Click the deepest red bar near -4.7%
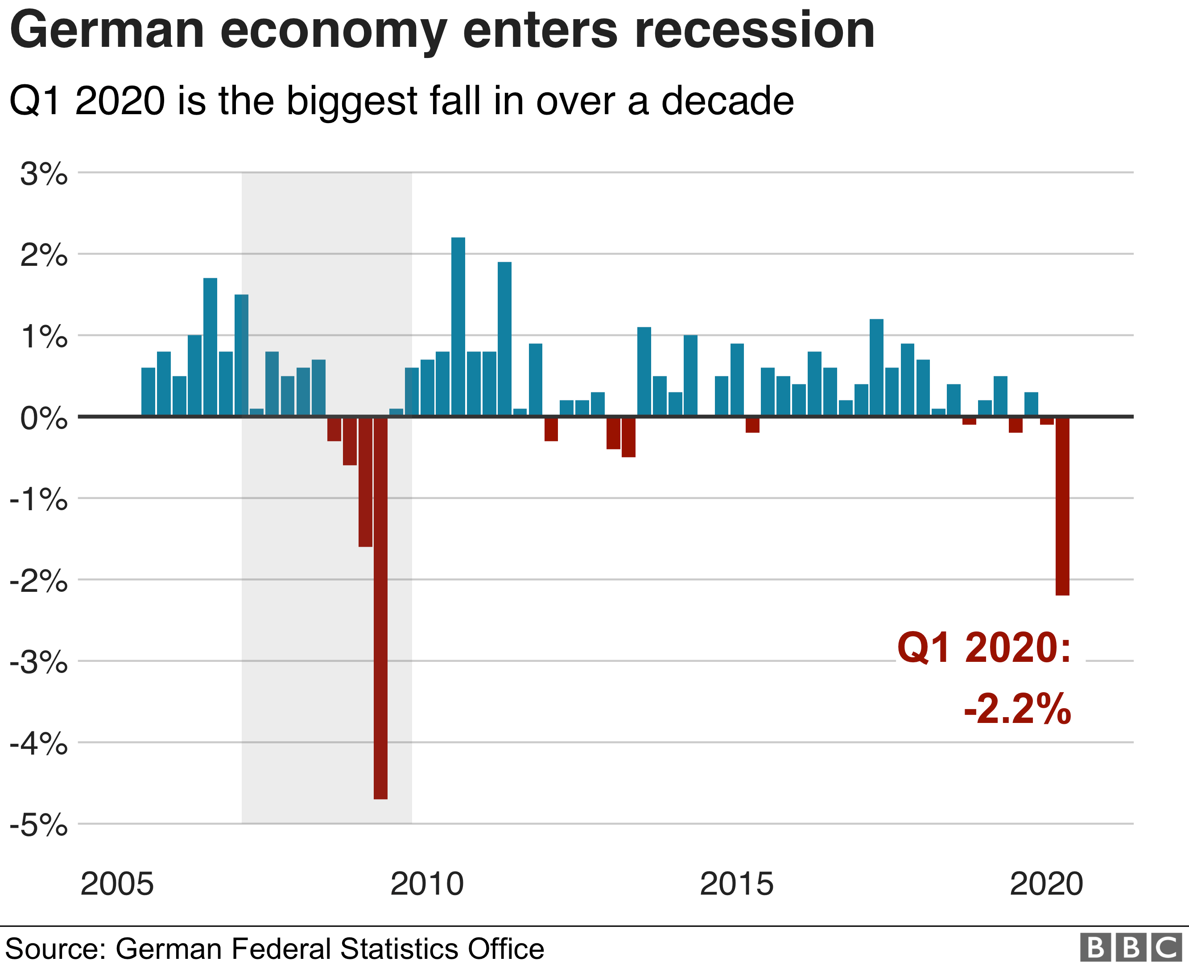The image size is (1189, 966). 380,607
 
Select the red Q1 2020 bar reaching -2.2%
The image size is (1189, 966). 1062,505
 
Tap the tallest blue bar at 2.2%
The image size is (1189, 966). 458,326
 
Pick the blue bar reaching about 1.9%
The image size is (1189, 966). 504,339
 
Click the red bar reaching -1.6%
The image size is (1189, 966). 365,481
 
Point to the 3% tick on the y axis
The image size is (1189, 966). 43,174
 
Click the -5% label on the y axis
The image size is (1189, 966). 39,825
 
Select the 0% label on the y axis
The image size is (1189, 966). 43,418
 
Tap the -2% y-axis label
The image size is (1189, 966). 39,582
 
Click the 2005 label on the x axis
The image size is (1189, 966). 117,884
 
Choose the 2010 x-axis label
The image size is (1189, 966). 427,884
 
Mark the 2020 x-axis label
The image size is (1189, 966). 1046,884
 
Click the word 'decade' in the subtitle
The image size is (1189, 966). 727,101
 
